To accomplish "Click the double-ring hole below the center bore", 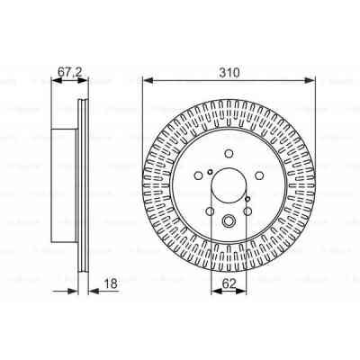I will pyautogui.click(x=229, y=221).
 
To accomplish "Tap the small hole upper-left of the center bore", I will pyautogui.click(x=207, y=172).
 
